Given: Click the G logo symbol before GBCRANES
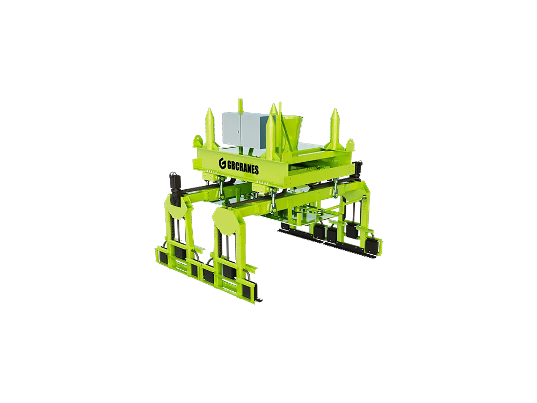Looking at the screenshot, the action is [x=222, y=164].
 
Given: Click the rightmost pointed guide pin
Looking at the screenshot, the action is [x=334, y=128].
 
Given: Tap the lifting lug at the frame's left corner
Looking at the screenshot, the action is [x=198, y=140].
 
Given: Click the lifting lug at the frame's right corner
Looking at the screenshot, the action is [x=350, y=143].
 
